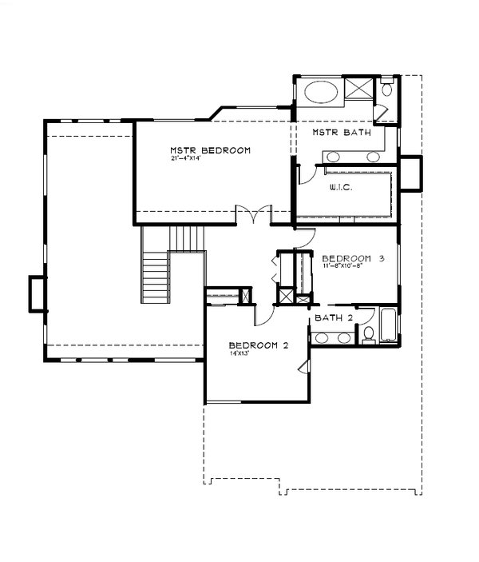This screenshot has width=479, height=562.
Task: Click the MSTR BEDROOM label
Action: tap(210, 150)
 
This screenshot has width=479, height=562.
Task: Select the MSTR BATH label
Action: tap(341, 133)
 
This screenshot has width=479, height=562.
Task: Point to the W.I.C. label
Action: tap(341, 188)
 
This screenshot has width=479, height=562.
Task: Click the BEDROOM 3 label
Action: tap(354, 258)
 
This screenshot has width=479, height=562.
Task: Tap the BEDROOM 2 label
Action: tap(258, 345)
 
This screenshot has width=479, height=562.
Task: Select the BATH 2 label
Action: tap(334, 318)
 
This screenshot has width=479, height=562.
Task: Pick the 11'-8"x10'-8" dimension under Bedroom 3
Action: tap(343, 267)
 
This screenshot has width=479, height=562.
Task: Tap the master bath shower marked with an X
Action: tap(359, 89)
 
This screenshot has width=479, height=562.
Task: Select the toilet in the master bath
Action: tap(386, 90)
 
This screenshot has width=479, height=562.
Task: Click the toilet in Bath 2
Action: tap(369, 334)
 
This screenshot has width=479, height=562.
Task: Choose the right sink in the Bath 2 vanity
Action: tap(345, 338)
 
